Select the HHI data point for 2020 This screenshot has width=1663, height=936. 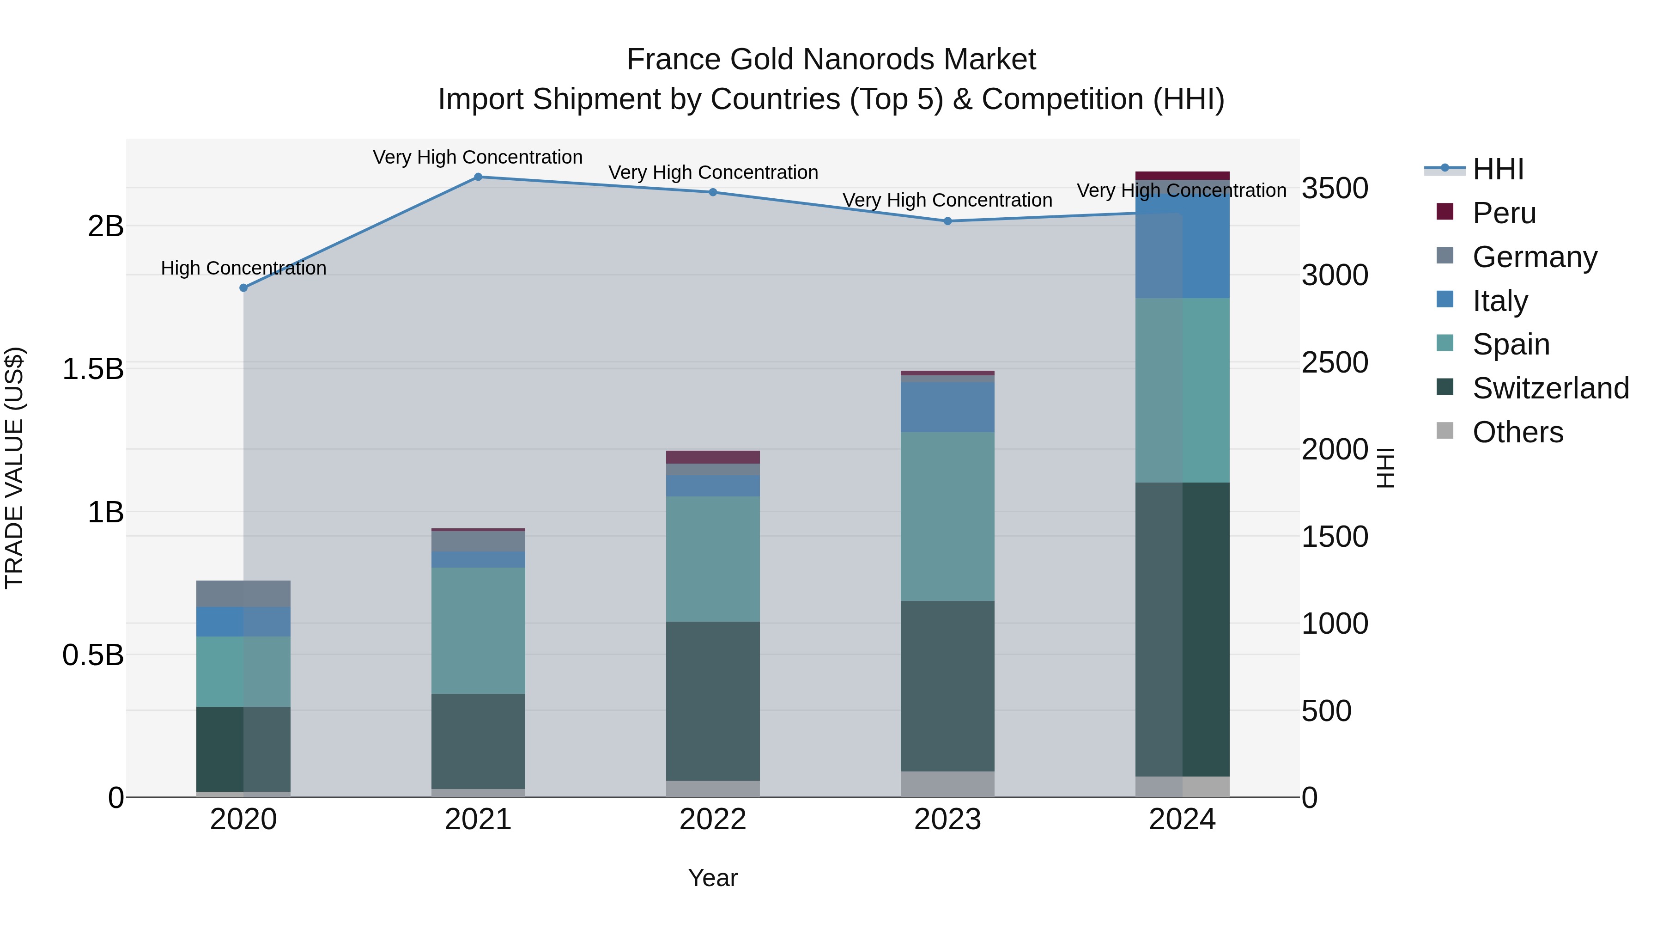point(243,288)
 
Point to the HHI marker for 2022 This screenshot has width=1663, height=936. point(713,192)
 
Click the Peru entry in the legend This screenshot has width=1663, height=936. point(1504,213)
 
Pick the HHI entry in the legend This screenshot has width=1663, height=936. point(1498,169)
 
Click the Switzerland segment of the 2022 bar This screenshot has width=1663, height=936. point(713,701)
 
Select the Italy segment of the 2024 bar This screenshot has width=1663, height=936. point(1183,245)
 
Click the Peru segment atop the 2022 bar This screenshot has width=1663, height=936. point(713,457)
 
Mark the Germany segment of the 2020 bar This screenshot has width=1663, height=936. point(243,593)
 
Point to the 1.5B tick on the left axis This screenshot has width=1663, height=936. point(93,369)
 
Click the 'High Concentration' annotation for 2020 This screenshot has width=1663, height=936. point(243,268)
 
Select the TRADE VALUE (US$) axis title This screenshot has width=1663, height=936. point(14,468)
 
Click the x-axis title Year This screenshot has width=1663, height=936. point(713,878)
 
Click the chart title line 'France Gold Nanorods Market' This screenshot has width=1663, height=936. point(831,60)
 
